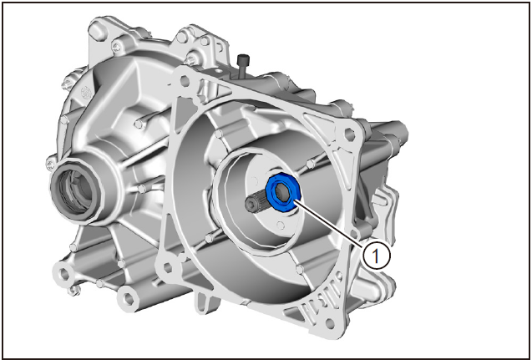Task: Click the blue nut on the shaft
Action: [x=283, y=192]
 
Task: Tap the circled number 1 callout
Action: [x=376, y=255]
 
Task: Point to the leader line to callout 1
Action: [x=330, y=223]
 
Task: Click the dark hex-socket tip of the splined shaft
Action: [x=251, y=203]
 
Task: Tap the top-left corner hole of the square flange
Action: [x=185, y=81]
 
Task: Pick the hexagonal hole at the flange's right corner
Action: [x=350, y=134]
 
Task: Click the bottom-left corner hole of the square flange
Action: [x=168, y=267]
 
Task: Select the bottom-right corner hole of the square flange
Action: [x=329, y=323]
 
